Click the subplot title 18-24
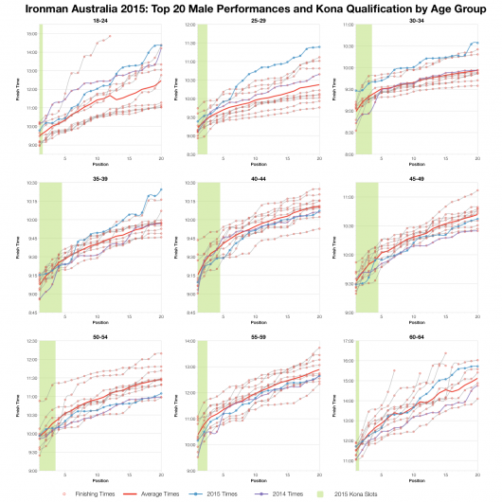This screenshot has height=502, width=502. click(100, 18)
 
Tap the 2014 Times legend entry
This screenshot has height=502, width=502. click(305, 493)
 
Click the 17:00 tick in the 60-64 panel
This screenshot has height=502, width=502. click(345, 341)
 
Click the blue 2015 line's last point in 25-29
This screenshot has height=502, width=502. click(319, 47)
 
